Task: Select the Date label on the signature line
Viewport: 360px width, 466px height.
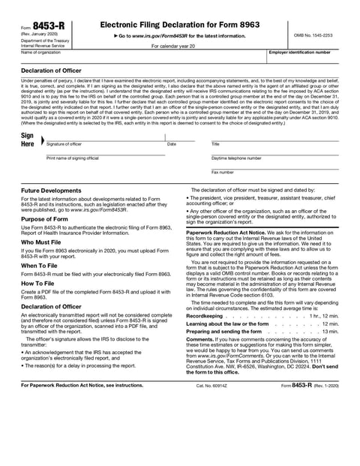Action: (x=172, y=143)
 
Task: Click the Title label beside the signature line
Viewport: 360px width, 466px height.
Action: (x=215, y=143)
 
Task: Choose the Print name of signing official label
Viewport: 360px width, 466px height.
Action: (x=73, y=158)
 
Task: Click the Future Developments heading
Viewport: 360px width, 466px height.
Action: (x=51, y=191)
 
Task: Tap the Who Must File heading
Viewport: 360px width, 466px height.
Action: (x=45, y=242)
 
